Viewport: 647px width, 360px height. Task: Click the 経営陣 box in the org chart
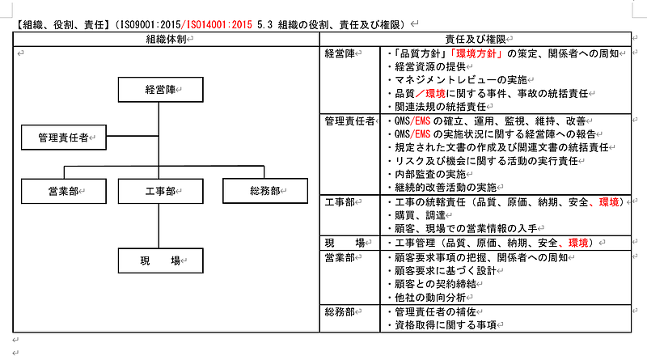coord(160,90)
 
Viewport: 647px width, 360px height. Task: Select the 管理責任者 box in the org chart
coord(64,138)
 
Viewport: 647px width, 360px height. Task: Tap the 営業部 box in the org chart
coord(64,191)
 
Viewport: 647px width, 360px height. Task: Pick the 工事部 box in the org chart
coord(160,191)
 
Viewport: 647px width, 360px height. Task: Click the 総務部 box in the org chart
coord(265,191)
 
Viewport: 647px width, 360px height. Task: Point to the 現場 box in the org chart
coord(160,260)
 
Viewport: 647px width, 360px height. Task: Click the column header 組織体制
coord(167,39)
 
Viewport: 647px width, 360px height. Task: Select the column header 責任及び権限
coord(476,39)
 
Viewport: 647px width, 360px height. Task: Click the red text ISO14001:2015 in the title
coord(219,25)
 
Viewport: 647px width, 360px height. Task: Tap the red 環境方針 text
coord(476,53)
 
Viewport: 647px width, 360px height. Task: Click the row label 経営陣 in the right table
coord(340,53)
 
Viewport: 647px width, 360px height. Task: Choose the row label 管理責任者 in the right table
coord(350,121)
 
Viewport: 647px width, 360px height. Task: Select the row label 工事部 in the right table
coord(340,202)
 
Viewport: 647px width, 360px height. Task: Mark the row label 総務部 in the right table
coord(340,311)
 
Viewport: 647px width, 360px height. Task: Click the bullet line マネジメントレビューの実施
coord(458,80)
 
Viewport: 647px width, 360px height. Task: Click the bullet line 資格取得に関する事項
coord(442,325)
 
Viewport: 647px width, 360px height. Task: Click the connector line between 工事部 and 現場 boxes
coord(159,226)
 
